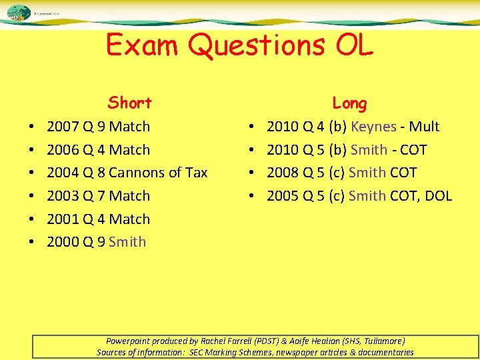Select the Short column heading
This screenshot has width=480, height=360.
(130, 103)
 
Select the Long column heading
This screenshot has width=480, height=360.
(349, 103)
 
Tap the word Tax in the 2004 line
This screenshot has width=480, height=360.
(196, 173)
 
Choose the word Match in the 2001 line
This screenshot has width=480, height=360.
(129, 219)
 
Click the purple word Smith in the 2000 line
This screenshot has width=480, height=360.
(127, 241)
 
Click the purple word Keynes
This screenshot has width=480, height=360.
(373, 127)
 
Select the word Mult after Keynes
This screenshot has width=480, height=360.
(424, 127)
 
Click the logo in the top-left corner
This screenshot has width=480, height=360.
(19, 13)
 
